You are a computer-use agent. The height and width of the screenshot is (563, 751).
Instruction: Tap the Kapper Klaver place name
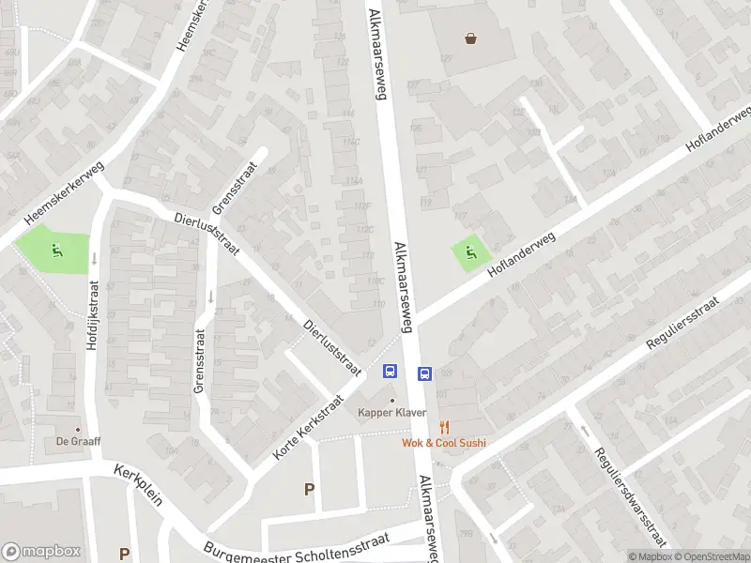(x=392, y=413)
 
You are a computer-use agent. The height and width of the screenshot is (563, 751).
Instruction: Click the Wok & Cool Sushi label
(x=444, y=443)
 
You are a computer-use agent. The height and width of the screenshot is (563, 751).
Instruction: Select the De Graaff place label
(x=78, y=441)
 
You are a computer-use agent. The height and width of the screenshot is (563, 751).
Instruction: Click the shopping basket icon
(x=470, y=38)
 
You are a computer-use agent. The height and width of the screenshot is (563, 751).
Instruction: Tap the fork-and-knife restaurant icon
(x=445, y=427)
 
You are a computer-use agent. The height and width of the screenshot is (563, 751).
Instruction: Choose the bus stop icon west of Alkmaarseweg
(x=390, y=372)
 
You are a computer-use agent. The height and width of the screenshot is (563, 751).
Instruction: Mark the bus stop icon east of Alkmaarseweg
(x=424, y=373)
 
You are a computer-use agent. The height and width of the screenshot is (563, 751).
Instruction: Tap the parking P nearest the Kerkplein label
(x=124, y=554)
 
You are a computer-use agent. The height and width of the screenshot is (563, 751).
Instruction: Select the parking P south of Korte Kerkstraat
(x=309, y=488)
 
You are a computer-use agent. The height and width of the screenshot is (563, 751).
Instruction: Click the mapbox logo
(x=41, y=552)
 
